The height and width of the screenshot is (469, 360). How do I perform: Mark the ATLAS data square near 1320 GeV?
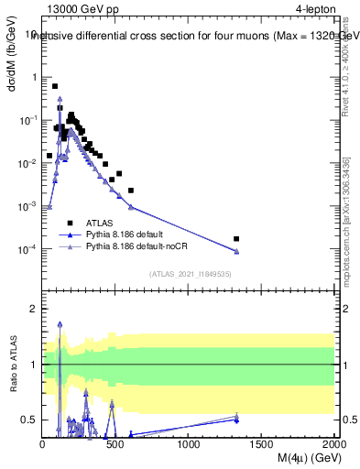click(x=236, y=239)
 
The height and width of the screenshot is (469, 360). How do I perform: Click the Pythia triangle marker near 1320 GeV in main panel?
click(x=236, y=251)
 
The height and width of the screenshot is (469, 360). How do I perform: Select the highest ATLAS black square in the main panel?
click(x=55, y=86)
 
